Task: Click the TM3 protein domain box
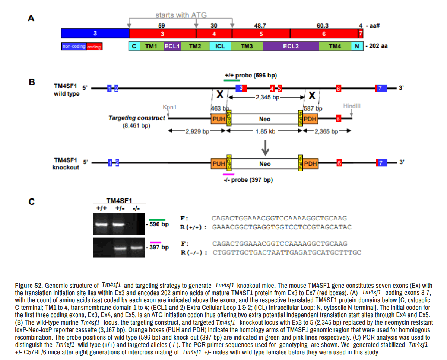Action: [x=247, y=47]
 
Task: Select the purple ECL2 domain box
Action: [x=291, y=47]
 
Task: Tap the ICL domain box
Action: [x=220, y=47]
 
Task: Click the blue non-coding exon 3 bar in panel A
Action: [x=95, y=34]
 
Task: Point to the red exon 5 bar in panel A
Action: [x=261, y=34]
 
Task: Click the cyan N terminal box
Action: [x=357, y=47]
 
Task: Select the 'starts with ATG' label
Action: [x=181, y=15]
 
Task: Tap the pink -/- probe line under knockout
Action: [x=228, y=174]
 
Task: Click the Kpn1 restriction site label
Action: [x=169, y=107]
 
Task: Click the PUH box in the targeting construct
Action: [x=218, y=119]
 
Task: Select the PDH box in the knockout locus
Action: [x=310, y=163]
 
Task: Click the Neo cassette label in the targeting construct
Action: [x=265, y=119]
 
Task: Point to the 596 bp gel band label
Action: [x=160, y=225]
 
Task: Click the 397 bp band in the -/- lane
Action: [x=136, y=247]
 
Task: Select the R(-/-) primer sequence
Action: [x=287, y=252]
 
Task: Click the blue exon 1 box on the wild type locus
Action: [x=109, y=88]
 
